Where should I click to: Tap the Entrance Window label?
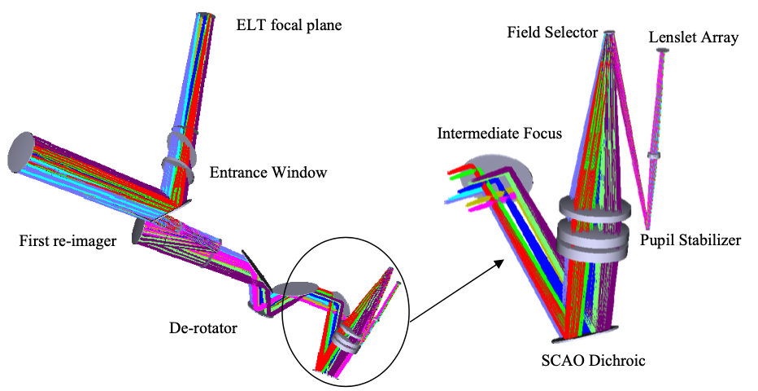click(x=268, y=173)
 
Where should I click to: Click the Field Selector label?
click(x=552, y=33)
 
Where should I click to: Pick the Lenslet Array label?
click(x=694, y=38)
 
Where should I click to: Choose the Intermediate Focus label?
click(x=499, y=133)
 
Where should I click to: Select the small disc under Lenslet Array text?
click(x=664, y=51)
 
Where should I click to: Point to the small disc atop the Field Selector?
click(x=611, y=33)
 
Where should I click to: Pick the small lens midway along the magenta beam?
click(x=653, y=154)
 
